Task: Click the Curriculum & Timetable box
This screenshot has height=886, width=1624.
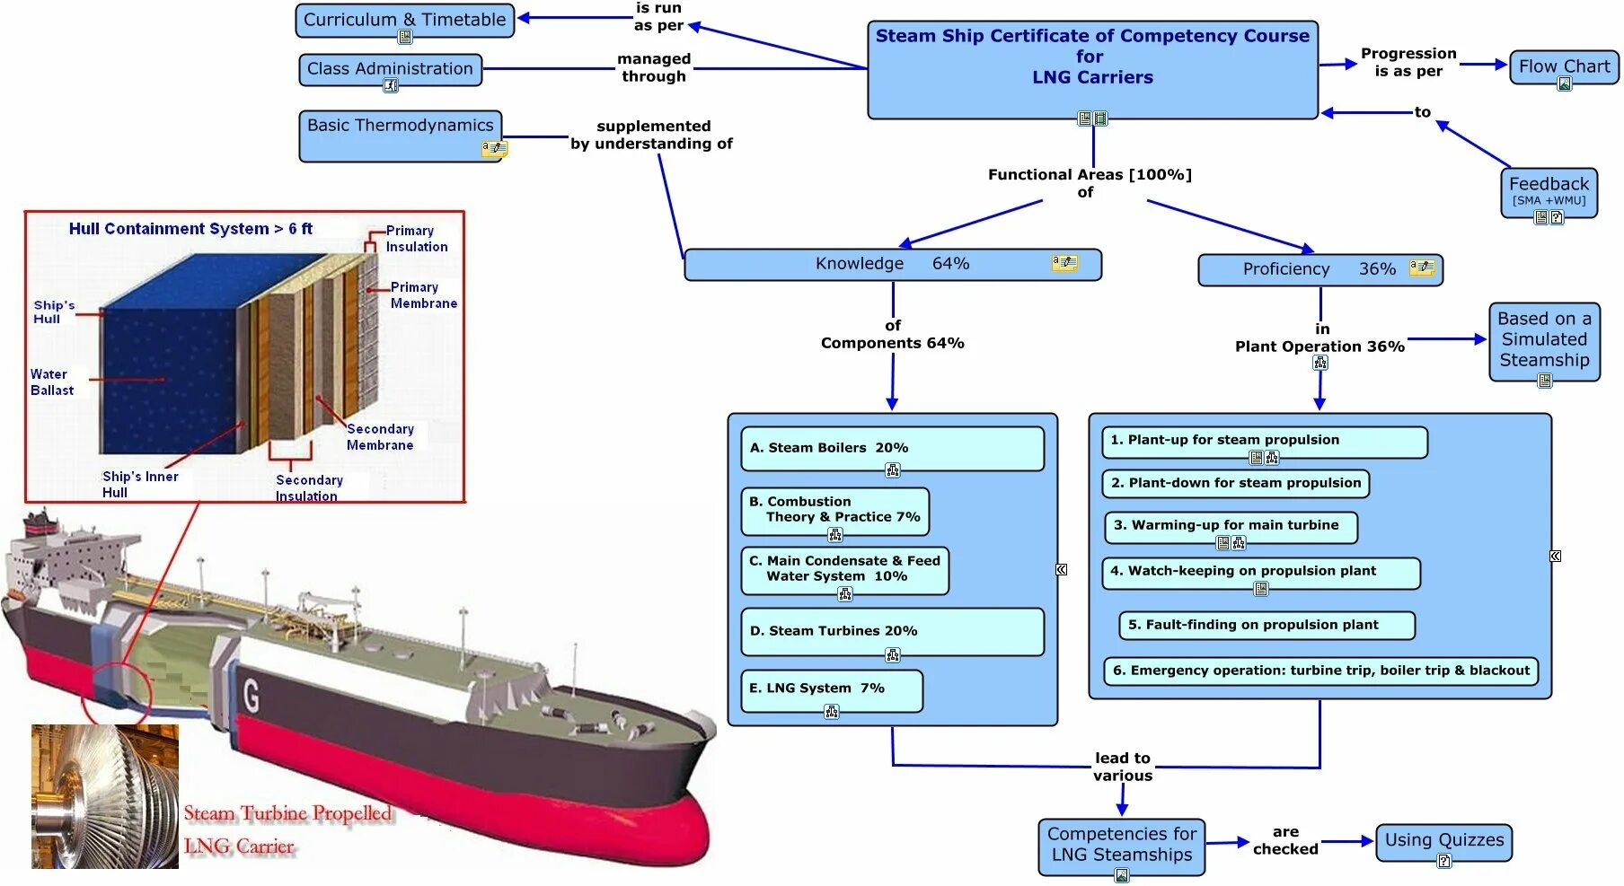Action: [x=404, y=20]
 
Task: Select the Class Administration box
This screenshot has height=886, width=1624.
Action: [x=390, y=69]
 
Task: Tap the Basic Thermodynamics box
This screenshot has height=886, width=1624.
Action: [x=400, y=135]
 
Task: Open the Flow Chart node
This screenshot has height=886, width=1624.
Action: [x=1563, y=66]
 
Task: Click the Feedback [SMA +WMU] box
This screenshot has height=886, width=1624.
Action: [x=1548, y=191]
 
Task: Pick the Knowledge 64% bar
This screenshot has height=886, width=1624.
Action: [x=892, y=264]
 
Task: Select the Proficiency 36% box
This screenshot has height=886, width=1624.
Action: [x=1319, y=269]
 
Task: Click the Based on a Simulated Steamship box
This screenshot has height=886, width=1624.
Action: [x=1544, y=340]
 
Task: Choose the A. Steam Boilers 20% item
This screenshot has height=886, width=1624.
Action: [x=892, y=448]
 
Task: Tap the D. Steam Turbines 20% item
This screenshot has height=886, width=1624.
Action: [x=892, y=631]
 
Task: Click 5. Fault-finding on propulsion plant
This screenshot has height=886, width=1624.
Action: [x=1267, y=625]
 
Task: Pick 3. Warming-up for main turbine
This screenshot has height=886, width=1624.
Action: [x=1230, y=526]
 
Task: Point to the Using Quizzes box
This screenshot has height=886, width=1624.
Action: [x=1443, y=841]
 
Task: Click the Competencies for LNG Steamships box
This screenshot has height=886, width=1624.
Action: [x=1121, y=845]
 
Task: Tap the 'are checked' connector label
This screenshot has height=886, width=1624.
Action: [x=1285, y=841]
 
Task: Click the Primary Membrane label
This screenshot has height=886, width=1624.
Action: [x=423, y=295]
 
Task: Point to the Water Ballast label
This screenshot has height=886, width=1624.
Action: [x=52, y=382]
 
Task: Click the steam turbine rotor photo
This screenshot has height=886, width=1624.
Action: [x=105, y=796]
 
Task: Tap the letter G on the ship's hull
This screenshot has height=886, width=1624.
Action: [x=252, y=695]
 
